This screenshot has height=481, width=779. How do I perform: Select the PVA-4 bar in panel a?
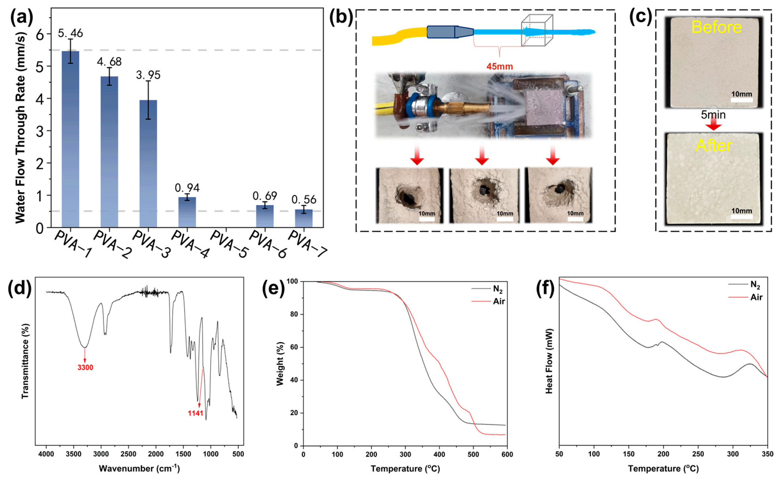187,212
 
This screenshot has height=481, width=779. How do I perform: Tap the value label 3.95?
148,75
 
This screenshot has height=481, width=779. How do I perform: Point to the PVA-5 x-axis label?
229,244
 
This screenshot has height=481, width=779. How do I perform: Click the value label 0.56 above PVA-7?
304,200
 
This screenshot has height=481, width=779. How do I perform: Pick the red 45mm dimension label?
500,66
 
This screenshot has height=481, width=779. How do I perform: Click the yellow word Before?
716,27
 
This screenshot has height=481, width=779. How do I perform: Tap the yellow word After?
714,146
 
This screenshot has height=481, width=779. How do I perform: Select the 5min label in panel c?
713,115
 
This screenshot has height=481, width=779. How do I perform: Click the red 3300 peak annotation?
85,367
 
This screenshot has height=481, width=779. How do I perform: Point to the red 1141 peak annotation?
195,413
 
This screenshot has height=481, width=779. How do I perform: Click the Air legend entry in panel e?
499,301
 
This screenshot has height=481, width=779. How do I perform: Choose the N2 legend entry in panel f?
755,285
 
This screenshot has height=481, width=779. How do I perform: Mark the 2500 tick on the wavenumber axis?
129,454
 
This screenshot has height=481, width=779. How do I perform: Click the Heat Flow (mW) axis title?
549,361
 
